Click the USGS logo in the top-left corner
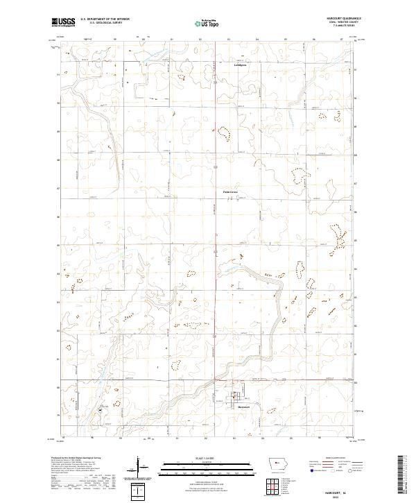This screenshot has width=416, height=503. pyautogui.click(x=63, y=23)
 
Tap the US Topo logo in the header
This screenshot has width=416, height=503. pyautogui.click(x=209, y=23)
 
